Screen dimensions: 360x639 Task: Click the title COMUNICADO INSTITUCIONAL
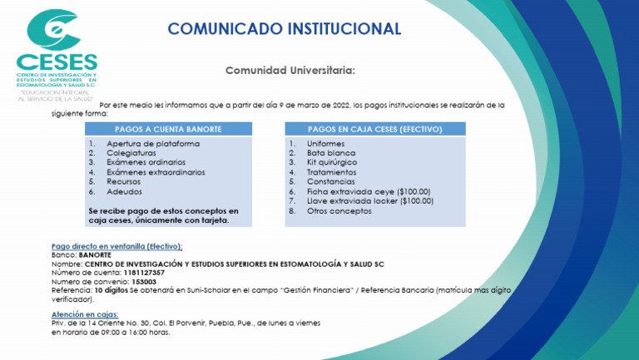click(x=284, y=29)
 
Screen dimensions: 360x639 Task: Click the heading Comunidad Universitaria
click(x=290, y=71)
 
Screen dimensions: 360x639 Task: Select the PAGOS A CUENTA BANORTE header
click(x=168, y=130)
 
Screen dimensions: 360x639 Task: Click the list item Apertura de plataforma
click(x=153, y=144)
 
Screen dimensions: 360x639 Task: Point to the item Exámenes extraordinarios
click(x=156, y=172)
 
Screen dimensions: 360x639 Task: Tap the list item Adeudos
click(x=125, y=191)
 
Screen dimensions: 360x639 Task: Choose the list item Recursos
click(x=125, y=181)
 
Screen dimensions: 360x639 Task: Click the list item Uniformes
click(x=325, y=144)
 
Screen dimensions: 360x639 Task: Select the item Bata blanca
click(x=326, y=153)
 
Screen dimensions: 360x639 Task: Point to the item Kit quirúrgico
click(x=328, y=162)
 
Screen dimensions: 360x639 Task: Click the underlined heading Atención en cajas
click(x=85, y=314)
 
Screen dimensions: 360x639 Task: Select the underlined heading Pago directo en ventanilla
click(x=116, y=247)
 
